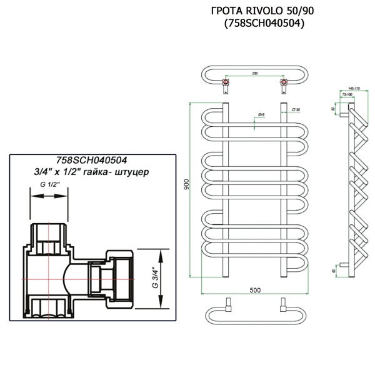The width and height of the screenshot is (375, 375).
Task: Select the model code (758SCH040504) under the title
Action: [x=263, y=24]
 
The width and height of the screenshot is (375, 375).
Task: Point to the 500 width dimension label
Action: [x=254, y=290]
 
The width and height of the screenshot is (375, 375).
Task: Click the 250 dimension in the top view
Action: [x=254, y=74]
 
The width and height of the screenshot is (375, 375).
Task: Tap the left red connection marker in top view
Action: [x=224, y=82]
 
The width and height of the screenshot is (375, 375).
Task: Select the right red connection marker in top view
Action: [x=284, y=82]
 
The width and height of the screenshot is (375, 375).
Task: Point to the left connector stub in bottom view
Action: [x=229, y=306]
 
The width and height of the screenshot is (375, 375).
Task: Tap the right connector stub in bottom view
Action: [x=283, y=306]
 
